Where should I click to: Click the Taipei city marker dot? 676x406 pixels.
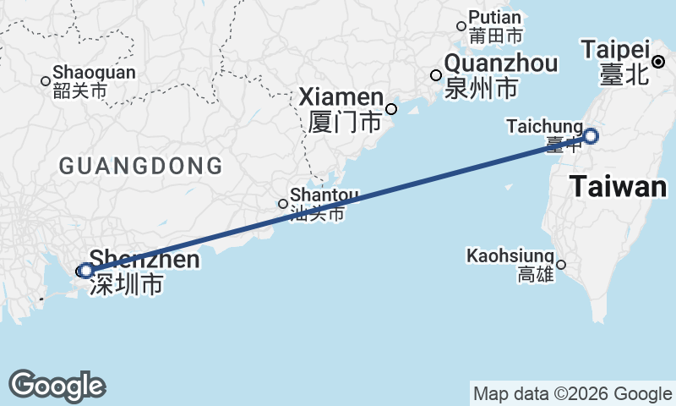click(x=658, y=61)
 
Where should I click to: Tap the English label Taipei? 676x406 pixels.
click(x=615, y=49)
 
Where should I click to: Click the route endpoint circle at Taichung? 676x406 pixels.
click(x=591, y=135)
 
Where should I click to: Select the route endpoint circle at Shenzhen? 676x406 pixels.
click(x=85, y=271)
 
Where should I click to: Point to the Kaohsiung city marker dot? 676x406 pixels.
click(x=560, y=265)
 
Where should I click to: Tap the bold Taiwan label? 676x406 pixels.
click(x=618, y=187)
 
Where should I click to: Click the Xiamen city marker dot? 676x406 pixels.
click(x=391, y=108)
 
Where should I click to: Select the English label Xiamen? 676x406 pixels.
click(x=341, y=98)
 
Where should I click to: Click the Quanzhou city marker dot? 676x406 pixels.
click(x=436, y=75)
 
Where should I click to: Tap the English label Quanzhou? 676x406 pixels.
click(x=500, y=63)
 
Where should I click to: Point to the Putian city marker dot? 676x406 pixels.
click(x=461, y=26)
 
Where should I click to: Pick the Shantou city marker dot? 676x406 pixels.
click(x=283, y=204)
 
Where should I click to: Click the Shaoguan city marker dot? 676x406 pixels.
click(x=46, y=81)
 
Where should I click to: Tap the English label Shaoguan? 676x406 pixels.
click(x=93, y=73)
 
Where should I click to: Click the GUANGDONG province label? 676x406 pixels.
click(x=140, y=166)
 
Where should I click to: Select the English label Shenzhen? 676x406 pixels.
click(x=144, y=259)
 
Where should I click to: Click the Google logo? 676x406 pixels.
click(x=57, y=386)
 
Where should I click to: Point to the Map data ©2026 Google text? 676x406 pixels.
click(x=572, y=393)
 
